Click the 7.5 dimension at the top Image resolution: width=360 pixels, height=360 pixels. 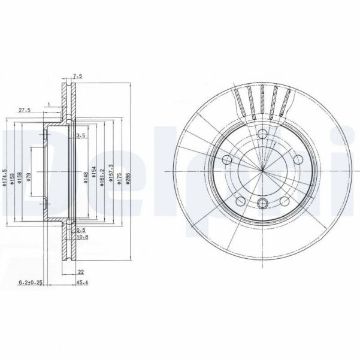click(77, 76)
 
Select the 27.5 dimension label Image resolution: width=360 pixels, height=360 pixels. click(25, 110)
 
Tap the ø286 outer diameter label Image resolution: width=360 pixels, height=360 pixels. click(128, 177)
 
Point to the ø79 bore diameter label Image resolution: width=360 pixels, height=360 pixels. click(29, 178)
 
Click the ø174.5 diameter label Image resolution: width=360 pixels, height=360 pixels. click(5, 178)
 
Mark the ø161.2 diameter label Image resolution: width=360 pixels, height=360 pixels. click(102, 177)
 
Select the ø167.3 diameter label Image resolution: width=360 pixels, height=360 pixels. click(111, 177)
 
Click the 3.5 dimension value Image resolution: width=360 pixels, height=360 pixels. click(82, 136)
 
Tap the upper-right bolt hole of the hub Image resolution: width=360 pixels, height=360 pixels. click(298, 159)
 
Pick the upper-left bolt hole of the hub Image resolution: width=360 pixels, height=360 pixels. click(227, 160)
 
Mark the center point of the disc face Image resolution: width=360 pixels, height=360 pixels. click(262, 171)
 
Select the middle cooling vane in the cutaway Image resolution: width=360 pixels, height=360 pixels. click(262, 99)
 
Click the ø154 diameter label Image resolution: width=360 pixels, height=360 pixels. click(94, 177)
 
